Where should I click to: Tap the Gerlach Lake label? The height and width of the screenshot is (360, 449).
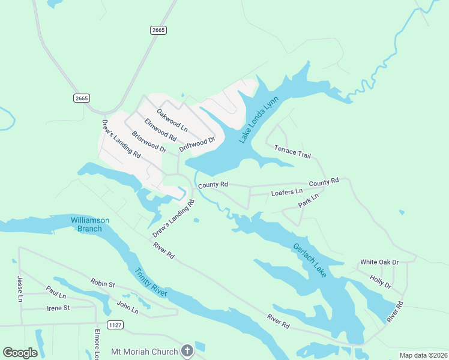coord(310,260)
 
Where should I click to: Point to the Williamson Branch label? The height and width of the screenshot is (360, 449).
coord(90,224)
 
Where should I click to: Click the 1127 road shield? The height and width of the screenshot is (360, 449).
coord(116,325)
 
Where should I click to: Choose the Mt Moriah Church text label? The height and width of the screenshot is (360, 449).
coord(145,352)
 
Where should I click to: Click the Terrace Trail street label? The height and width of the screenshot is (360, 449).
coord(292,152)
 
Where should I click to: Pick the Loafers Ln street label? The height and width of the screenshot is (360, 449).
coord(287,192)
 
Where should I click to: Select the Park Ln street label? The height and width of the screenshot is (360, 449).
coord(308,201)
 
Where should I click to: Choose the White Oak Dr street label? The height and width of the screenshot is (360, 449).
coord(379,262)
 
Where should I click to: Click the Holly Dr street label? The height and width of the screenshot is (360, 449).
coord(381,281)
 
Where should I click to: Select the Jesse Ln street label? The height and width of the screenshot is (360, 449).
coord(19,289)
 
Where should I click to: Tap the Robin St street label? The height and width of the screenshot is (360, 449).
coord(102,282)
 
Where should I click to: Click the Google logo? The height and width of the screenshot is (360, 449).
coord(20,352)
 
